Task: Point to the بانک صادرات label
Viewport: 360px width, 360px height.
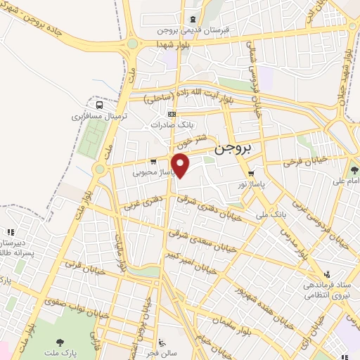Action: pyautogui.click(x=171, y=124)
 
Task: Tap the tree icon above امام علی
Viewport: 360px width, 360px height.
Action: pyautogui.click(x=355, y=170)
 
